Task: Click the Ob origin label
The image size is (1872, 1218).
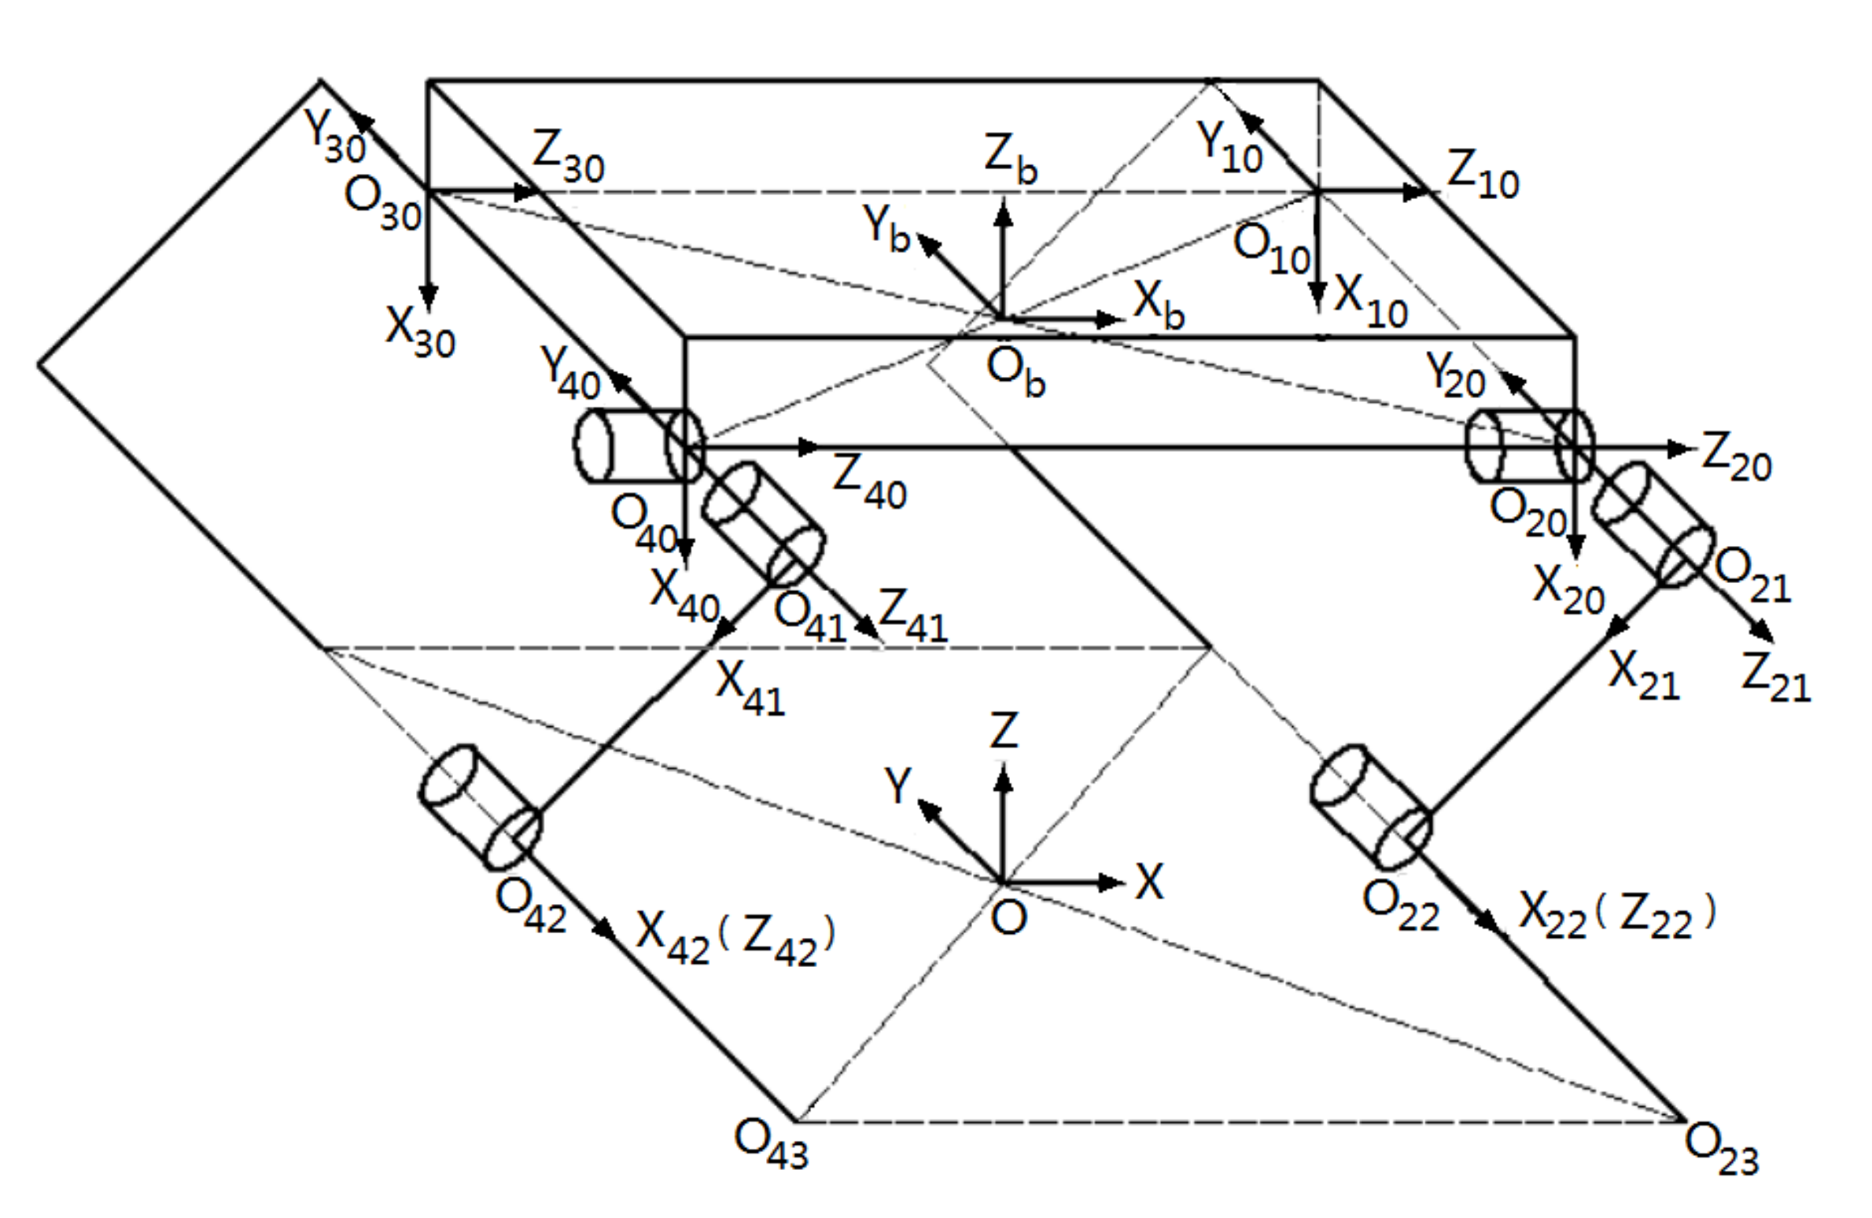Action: coord(1015,372)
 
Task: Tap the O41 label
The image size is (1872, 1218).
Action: coord(809,617)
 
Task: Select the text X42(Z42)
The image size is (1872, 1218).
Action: coord(735,938)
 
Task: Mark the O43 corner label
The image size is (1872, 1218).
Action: coord(771,1143)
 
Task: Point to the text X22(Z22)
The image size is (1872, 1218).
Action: coord(1617,915)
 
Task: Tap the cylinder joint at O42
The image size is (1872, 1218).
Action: coord(481,807)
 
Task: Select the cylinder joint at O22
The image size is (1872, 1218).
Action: coord(1371,806)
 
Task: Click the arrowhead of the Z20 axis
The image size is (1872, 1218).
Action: coord(1682,449)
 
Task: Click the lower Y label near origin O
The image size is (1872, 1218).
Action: coord(897,784)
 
